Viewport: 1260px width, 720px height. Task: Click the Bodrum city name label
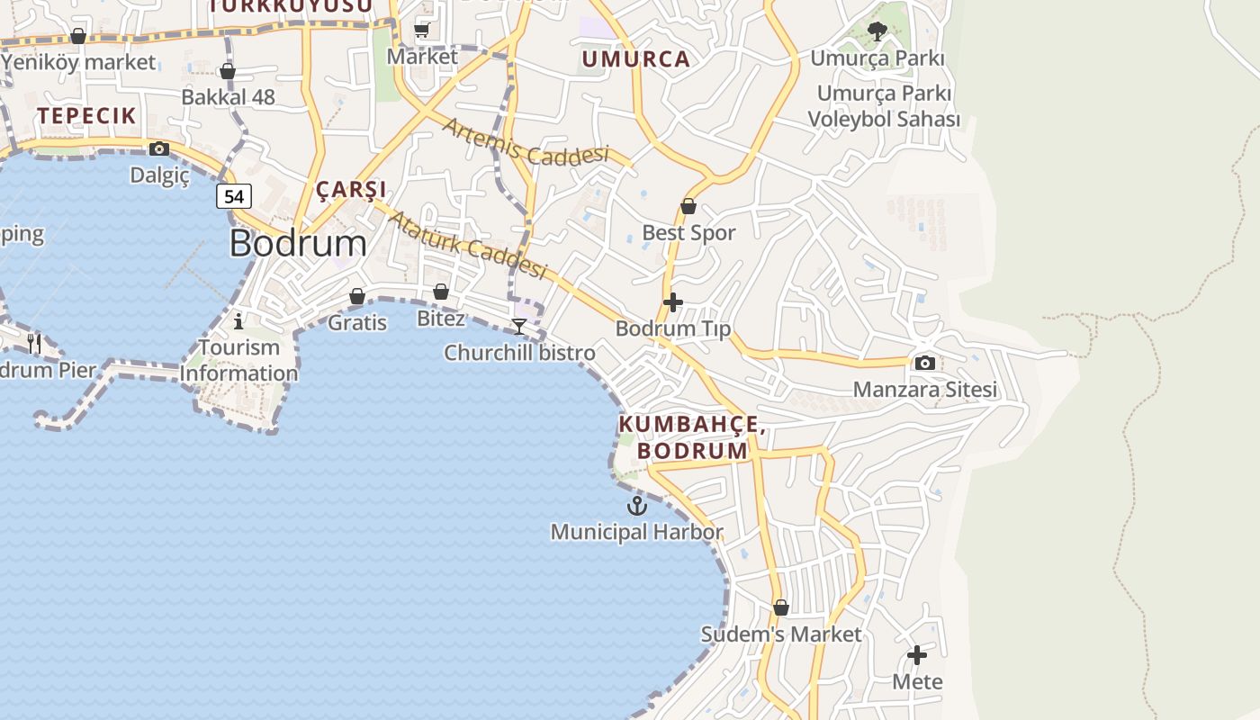[x=298, y=244]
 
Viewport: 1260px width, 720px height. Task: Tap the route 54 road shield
[x=233, y=196]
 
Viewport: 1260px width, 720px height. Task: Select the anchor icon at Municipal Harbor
[x=637, y=506]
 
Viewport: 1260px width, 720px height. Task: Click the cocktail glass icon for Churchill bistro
[x=519, y=326]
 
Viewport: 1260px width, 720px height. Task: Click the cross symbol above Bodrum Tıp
[x=672, y=302]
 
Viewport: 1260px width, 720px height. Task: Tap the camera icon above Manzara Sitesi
[x=924, y=364]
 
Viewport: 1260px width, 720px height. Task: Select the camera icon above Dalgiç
[x=159, y=148]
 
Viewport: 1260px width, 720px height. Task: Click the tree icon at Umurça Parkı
[x=877, y=32]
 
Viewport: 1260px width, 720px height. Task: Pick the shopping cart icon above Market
[x=421, y=31]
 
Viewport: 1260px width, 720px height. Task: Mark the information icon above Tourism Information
[x=238, y=320]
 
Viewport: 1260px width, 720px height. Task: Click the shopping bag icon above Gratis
[x=357, y=296]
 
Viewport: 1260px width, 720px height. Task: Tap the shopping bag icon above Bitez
[x=440, y=292]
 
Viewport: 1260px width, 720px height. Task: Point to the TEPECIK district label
[x=86, y=115]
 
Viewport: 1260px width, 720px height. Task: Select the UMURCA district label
[x=635, y=59]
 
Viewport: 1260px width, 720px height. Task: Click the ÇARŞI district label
[x=351, y=189]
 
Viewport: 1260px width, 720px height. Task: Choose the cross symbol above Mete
[x=917, y=655]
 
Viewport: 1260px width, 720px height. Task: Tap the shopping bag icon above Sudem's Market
[x=781, y=607]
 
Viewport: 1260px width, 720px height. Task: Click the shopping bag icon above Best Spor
[x=688, y=206]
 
